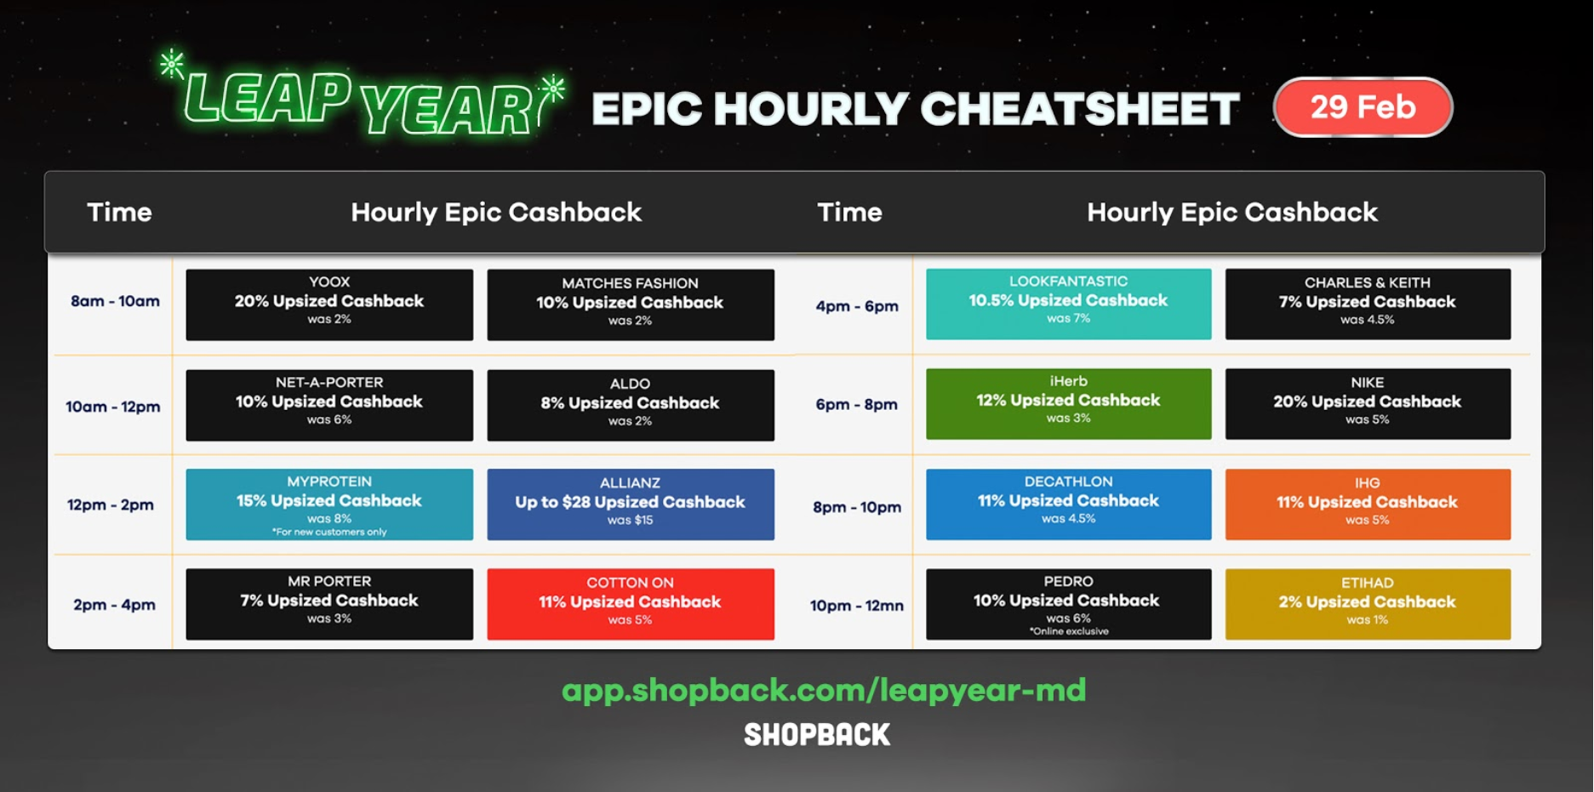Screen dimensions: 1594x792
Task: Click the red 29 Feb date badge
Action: pos(1363,107)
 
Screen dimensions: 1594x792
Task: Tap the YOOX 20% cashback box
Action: pos(329,305)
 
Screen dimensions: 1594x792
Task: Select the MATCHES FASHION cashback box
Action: pos(631,305)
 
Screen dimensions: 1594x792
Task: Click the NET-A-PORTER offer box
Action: pos(329,405)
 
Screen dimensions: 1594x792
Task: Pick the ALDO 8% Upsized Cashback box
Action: pos(631,405)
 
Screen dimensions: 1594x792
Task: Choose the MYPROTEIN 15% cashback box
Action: pos(329,504)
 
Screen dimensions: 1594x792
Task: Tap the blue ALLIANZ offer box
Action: pos(631,504)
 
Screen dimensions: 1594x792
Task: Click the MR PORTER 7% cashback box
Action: pos(329,604)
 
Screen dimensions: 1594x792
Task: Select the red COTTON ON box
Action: pos(631,604)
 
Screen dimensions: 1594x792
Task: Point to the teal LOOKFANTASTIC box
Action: pos(1069,304)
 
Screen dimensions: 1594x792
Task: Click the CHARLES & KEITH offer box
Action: pos(1368,304)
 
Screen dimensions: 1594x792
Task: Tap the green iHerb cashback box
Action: pos(1069,404)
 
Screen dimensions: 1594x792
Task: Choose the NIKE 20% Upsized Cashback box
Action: pos(1368,404)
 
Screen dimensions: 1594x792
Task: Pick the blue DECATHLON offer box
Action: pos(1069,504)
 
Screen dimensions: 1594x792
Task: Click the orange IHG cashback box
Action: pos(1368,504)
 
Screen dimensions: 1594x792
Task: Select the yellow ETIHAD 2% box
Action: pos(1368,604)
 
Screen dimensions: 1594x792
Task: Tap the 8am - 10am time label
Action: pos(115,301)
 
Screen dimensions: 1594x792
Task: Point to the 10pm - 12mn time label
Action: pos(856,606)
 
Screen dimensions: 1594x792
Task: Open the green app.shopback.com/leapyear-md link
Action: pos(824,690)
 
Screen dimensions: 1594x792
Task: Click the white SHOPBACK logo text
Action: pos(817,735)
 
